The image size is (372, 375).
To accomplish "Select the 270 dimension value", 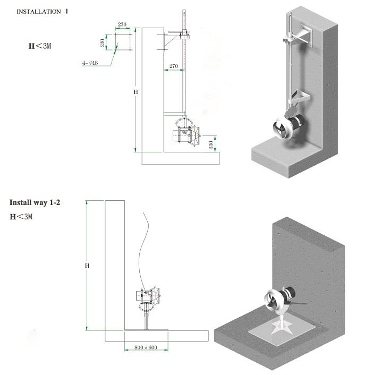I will (173, 66).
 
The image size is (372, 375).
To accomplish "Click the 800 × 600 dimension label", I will (146, 347).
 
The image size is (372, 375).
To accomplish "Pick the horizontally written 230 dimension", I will (122, 24).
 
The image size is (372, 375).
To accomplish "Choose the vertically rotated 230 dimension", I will (102, 42).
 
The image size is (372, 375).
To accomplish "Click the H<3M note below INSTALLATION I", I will (40, 46).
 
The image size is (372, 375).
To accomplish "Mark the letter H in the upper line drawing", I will (136, 92).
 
